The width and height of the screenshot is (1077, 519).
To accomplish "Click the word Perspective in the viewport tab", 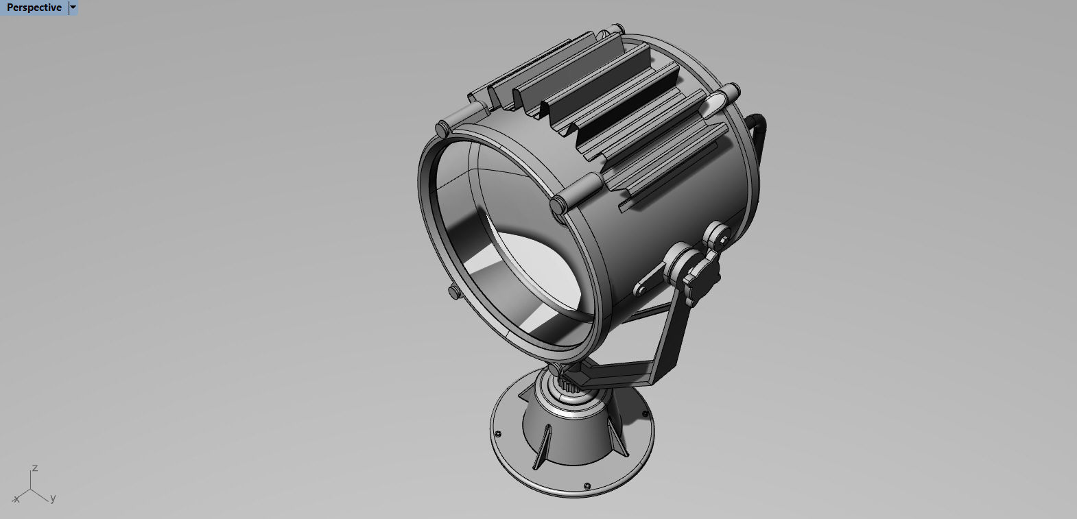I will click(x=34, y=8).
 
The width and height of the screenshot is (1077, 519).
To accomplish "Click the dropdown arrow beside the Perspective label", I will click(x=73, y=8).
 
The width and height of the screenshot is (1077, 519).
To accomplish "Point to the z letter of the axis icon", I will click(x=34, y=468).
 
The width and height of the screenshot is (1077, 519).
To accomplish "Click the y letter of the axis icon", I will click(x=53, y=498).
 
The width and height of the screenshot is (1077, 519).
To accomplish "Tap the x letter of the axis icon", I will click(x=16, y=500).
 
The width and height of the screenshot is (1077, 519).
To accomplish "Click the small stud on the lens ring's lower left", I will click(x=453, y=292).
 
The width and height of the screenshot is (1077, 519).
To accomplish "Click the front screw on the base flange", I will click(x=587, y=486).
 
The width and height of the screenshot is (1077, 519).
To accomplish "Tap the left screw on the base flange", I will click(x=497, y=433).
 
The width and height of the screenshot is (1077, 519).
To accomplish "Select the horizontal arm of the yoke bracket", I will click(x=617, y=374).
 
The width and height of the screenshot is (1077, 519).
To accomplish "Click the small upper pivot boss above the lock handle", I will click(x=718, y=235).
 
